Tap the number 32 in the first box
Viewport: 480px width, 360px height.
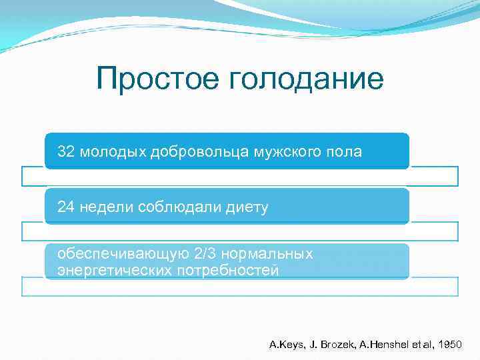pyautogui.click(x=65, y=151)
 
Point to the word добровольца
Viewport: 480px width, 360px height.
pyautogui.click(x=193, y=152)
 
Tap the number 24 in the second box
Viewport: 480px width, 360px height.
pyautogui.click(x=65, y=207)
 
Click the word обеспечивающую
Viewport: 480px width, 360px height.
pyautogui.click(x=123, y=255)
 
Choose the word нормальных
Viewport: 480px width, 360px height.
pyautogui.click(x=270, y=255)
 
